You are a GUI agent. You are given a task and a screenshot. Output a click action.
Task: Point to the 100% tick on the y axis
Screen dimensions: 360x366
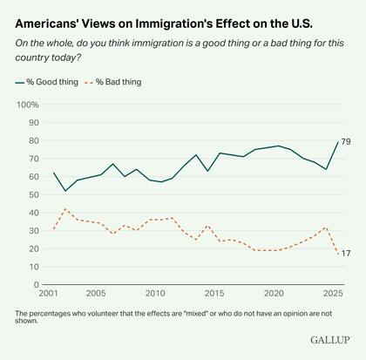[x=27, y=105]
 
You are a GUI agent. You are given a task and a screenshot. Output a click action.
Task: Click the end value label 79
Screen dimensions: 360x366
[x=346, y=142]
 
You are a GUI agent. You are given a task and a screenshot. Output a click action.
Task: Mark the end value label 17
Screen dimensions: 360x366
[x=346, y=254]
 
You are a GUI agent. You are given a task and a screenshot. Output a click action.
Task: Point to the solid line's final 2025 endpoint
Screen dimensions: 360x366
[x=337, y=142]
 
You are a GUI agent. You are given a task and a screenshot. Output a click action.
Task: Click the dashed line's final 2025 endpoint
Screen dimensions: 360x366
[x=337, y=254]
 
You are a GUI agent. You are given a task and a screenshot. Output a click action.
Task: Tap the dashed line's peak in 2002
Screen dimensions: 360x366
[x=66, y=208]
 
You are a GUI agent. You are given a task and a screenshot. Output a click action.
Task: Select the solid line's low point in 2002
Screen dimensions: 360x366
[x=66, y=191]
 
